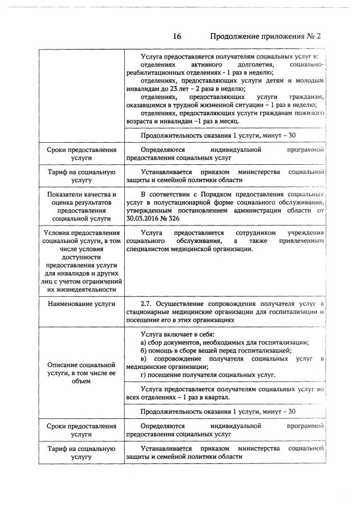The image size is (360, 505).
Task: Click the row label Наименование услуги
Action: point(82,304)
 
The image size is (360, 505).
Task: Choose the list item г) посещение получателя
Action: point(208,375)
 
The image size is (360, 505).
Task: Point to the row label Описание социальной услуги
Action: point(82,373)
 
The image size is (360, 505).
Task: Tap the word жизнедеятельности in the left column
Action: point(82,289)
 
